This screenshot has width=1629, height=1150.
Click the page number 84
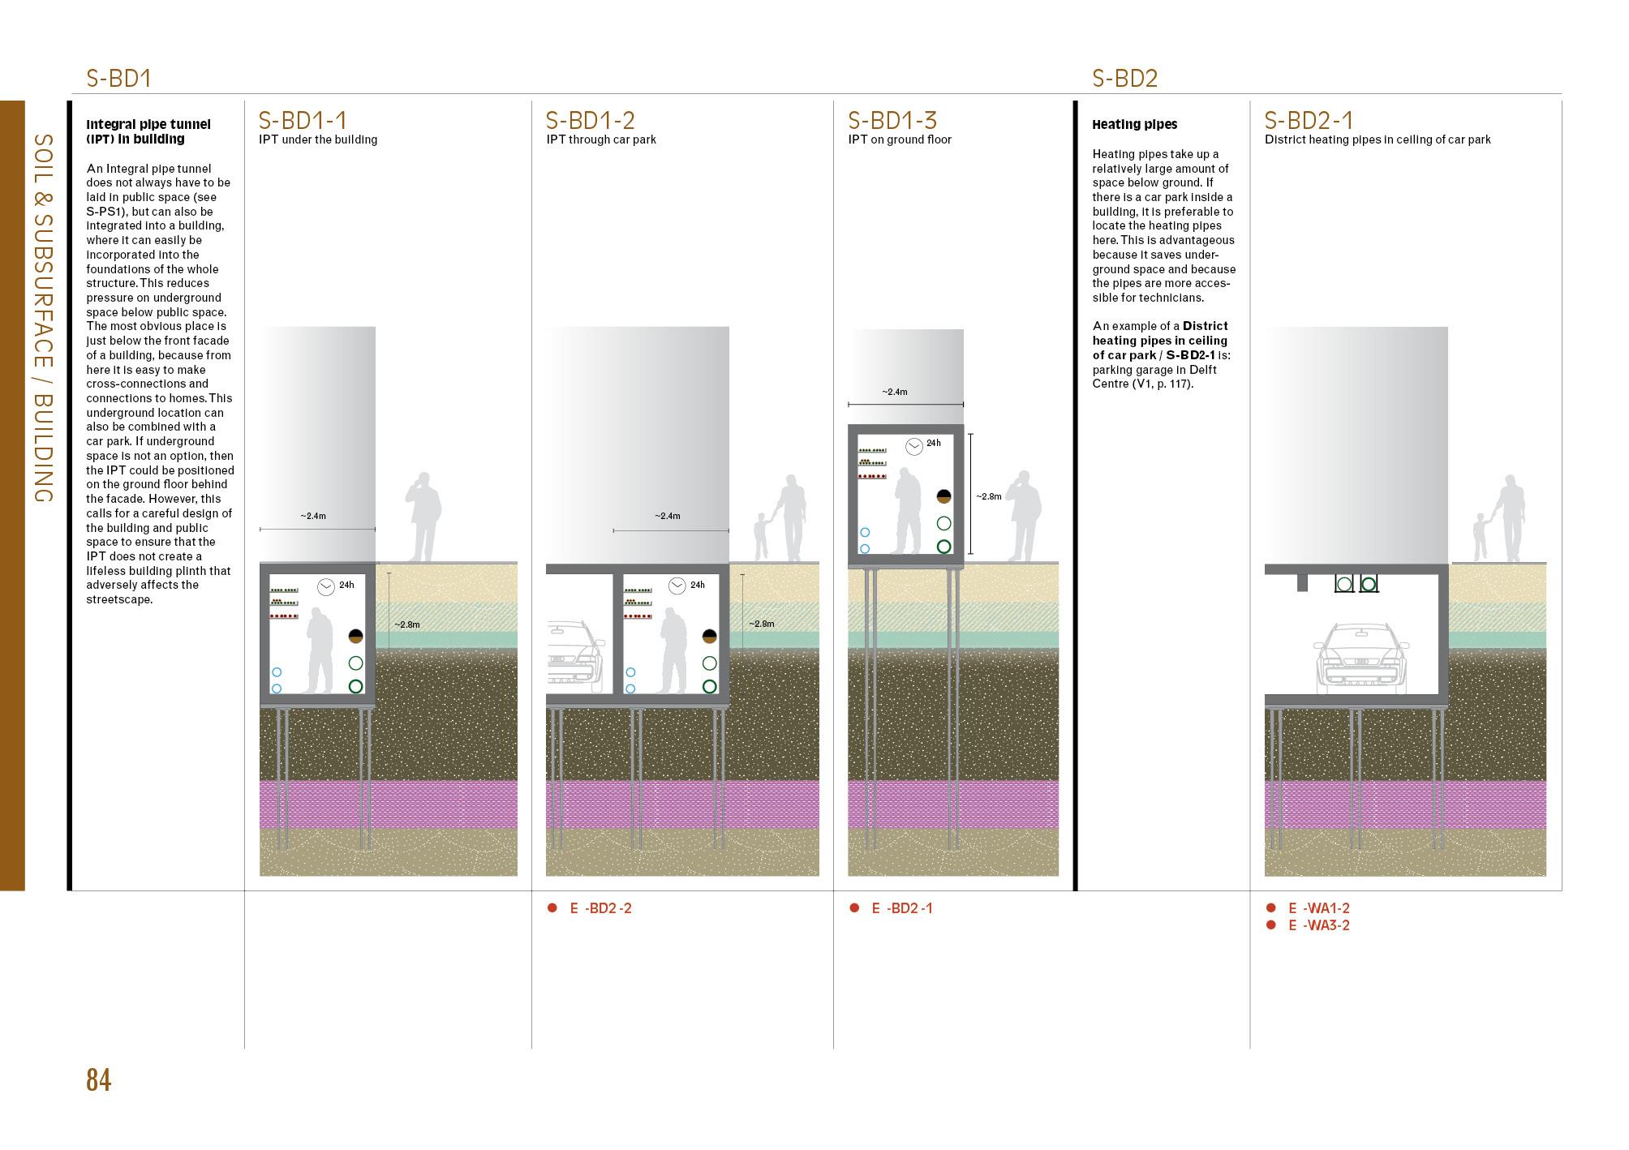pyautogui.click(x=98, y=1080)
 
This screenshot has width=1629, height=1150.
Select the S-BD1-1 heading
pyautogui.click(x=303, y=120)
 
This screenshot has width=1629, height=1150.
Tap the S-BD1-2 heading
pyautogui.click(x=590, y=120)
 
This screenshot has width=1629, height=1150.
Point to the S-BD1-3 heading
pyautogui.click(x=892, y=120)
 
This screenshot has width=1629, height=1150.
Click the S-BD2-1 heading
pyautogui.click(x=1309, y=120)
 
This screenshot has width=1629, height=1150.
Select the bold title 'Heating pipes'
pyautogui.click(x=1134, y=125)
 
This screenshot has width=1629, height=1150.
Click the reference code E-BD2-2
pyautogui.click(x=600, y=908)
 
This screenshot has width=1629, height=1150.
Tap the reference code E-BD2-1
pyautogui.click(x=902, y=908)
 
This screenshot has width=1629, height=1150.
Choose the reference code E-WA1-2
pyautogui.click(x=1319, y=908)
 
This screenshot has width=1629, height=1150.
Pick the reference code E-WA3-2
pyautogui.click(x=1319, y=925)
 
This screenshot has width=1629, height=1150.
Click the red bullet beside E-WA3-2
pyautogui.click(x=1271, y=925)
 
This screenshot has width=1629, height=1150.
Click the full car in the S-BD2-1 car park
pyautogui.click(x=1360, y=659)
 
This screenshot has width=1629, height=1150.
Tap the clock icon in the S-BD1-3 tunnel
pyautogui.click(x=913, y=445)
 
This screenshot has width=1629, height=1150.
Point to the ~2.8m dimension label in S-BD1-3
pyautogui.click(x=988, y=496)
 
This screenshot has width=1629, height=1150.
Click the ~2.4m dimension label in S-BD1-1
pyautogui.click(x=313, y=516)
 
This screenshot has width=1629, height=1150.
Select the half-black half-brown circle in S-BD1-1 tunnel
pyautogui.click(x=355, y=637)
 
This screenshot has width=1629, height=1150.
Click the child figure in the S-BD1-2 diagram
pyautogui.click(x=761, y=536)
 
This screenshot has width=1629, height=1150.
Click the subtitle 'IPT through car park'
pyautogui.click(x=601, y=139)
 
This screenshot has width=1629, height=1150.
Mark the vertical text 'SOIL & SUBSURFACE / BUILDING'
pyautogui.click(x=44, y=318)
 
